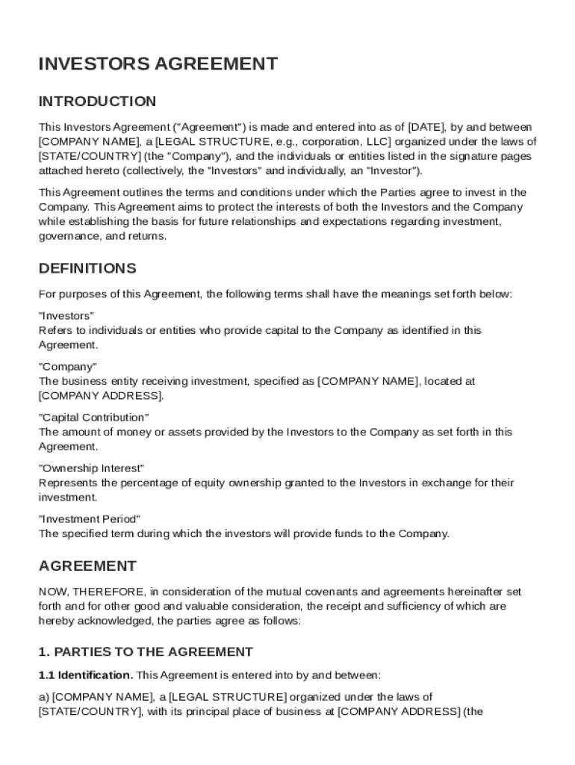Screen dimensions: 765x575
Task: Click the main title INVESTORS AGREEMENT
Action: (x=158, y=64)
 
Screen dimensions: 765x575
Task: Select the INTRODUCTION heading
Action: (x=97, y=101)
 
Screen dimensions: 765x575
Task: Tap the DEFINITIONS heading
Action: (x=87, y=268)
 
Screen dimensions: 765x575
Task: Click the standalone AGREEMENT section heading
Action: (x=87, y=566)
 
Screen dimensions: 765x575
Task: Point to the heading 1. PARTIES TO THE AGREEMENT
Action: (x=146, y=651)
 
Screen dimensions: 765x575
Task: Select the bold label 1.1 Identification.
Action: (x=86, y=675)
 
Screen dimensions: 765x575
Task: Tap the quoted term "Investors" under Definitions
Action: (x=66, y=315)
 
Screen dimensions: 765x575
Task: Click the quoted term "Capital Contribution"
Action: (x=93, y=417)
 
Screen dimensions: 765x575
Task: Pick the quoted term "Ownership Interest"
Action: (x=91, y=468)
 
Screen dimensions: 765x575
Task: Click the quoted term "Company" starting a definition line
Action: (x=67, y=366)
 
